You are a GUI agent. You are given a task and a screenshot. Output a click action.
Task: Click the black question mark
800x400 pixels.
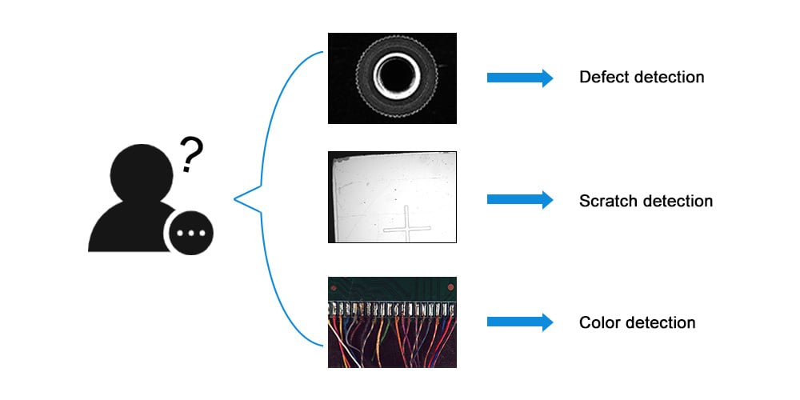192,154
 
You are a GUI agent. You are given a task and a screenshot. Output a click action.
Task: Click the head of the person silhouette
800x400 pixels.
142,174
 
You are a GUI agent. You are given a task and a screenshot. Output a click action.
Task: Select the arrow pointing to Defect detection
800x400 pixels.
520,78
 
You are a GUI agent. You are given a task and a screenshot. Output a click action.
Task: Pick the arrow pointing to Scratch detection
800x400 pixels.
520,199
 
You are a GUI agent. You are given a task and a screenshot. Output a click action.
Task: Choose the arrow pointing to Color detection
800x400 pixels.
520,322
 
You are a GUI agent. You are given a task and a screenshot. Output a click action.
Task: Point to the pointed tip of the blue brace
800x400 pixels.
234,199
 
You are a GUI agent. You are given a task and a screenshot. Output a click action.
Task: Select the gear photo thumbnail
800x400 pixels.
392,78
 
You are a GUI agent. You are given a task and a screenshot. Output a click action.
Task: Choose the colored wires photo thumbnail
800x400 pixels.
392,322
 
